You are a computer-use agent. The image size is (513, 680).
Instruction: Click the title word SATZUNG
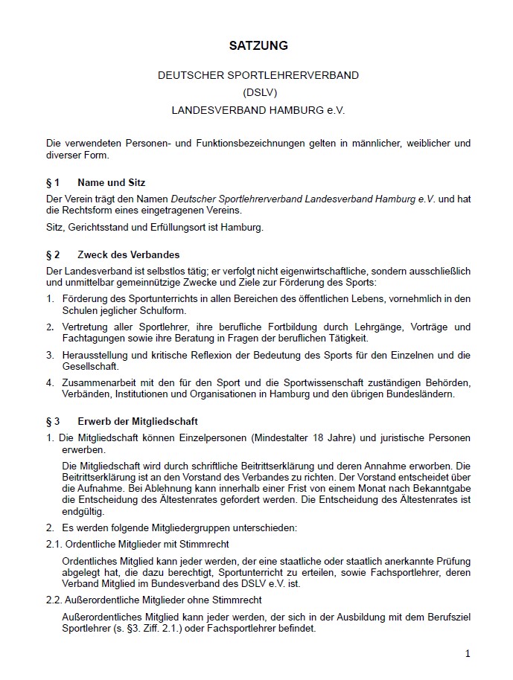(x=258, y=46)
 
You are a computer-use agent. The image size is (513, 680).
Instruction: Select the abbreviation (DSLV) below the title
(x=258, y=92)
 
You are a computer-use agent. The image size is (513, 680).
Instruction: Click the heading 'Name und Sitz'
(x=111, y=182)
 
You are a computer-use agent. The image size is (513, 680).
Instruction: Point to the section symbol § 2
(x=52, y=254)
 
